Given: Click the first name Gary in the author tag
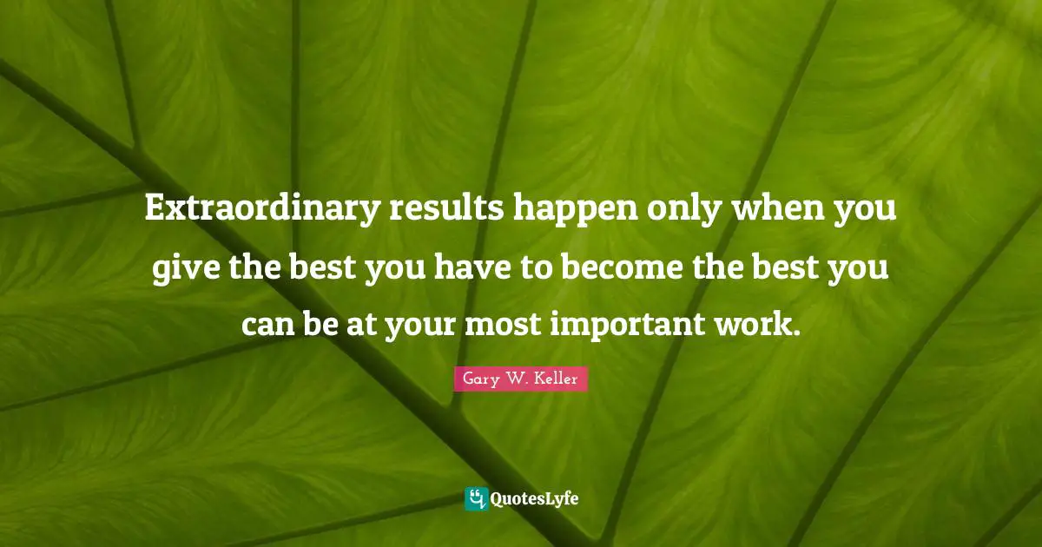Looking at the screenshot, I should click(x=478, y=379).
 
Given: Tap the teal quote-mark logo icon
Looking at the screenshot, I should click(x=476, y=498).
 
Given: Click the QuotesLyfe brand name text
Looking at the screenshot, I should click(x=535, y=499).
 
